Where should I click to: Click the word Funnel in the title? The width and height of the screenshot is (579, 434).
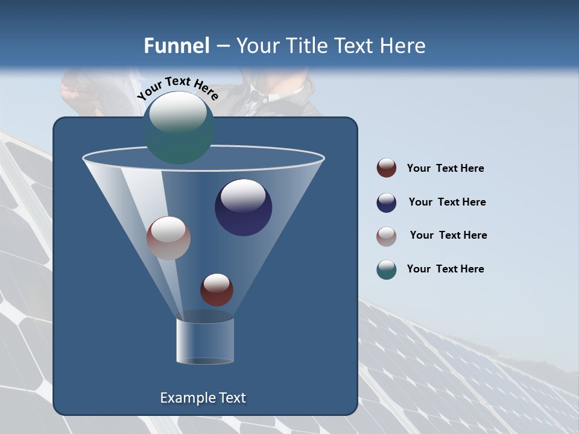coord(176,46)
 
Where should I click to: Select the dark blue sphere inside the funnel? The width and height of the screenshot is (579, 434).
coord(243,207)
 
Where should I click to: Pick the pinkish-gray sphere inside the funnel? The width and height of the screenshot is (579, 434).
coord(168,238)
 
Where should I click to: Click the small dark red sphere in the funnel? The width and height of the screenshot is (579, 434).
coord(217,290)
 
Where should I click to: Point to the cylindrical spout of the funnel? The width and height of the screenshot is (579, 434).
coord(204,341)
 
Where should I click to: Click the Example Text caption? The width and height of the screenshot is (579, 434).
coord(203,398)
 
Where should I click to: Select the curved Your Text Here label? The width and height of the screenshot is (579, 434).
coord(178,88)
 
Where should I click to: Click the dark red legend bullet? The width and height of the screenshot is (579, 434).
coord(387,168)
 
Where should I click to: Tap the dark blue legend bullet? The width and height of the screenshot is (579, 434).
coord(387,203)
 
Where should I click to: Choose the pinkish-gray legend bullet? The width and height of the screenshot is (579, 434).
coord(387,236)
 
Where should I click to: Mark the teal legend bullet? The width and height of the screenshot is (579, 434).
coord(387,269)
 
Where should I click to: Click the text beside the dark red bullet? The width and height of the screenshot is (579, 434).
coord(445,169)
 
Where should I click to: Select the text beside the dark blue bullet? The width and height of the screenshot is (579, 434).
coord(447,203)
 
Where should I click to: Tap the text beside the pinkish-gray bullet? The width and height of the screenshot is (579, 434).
coord(448,236)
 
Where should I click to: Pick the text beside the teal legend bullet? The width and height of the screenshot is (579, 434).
coord(445,269)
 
